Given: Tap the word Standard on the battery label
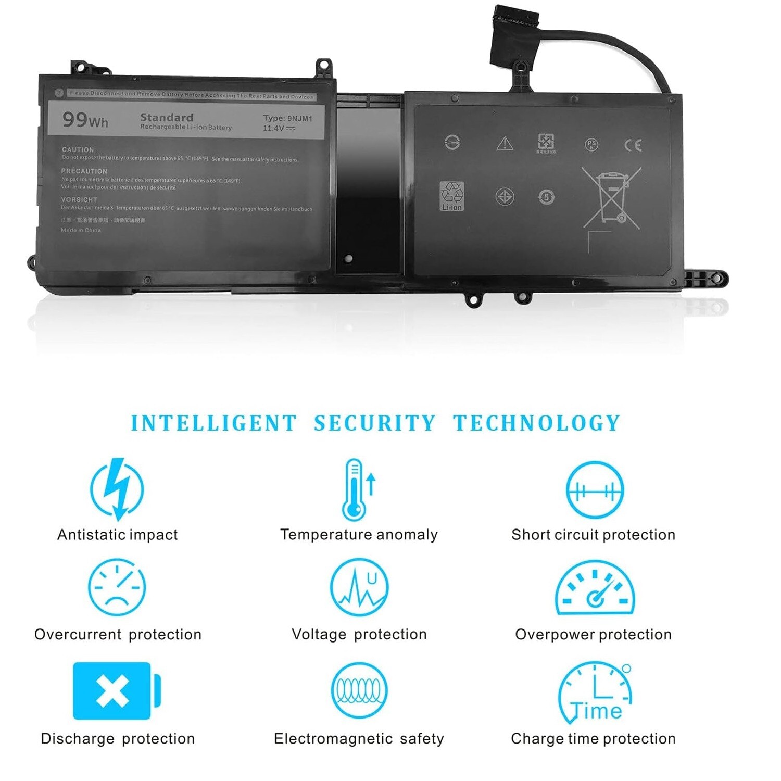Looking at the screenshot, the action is (x=167, y=118).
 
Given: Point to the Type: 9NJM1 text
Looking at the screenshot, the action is (x=287, y=119).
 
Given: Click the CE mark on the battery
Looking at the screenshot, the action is (x=633, y=145).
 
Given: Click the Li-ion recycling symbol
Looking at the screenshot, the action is (x=451, y=196).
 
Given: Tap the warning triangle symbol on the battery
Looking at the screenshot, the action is (x=505, y=143).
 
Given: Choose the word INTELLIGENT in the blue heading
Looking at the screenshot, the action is (x=213, y=423).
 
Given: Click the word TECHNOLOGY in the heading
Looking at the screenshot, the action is (x=536, y=423).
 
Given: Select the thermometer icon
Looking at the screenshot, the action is (x=357, y=489).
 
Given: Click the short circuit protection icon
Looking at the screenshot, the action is (x=594, y=490).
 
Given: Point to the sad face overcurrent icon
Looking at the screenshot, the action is (x=117, y=587).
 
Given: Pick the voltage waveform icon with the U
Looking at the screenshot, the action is (x=359, y=587).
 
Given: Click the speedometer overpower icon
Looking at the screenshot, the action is (x=595, y=588).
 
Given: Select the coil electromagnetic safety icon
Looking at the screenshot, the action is (x=359, y=690).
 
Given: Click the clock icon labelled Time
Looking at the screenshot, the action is (x=595, y=692).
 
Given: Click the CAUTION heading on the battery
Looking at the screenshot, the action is (x=78, y=149).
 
